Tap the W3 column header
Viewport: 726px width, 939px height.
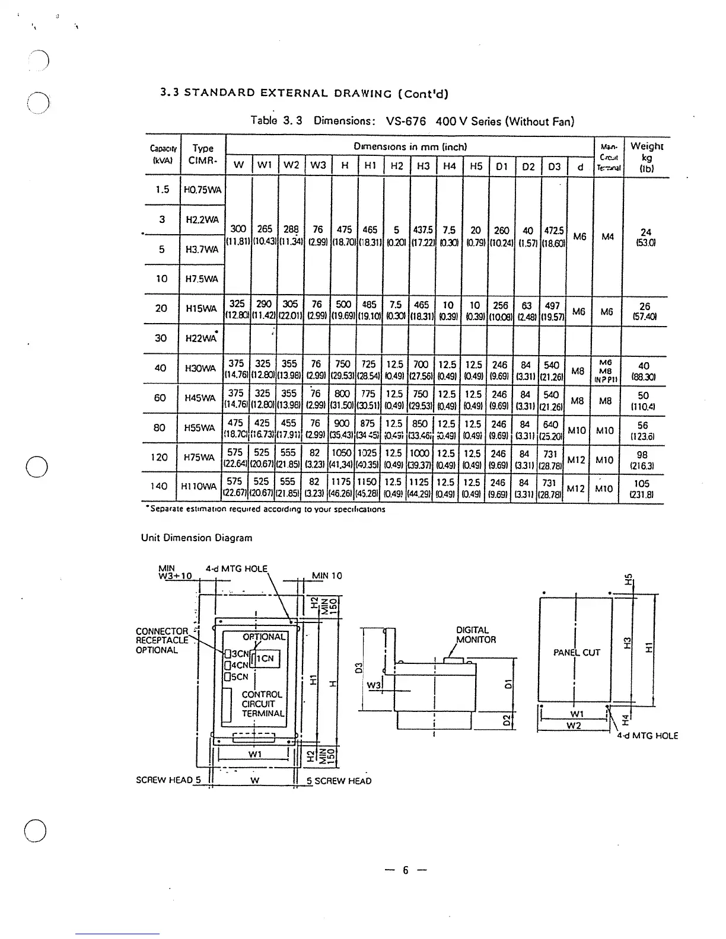[319, 165]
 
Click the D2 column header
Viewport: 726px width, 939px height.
[528, 166]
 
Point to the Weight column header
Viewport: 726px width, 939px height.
[647, 156]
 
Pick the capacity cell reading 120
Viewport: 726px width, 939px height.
[159, 457]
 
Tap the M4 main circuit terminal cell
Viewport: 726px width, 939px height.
[607, 237]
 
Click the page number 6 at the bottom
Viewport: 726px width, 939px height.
[406, 870]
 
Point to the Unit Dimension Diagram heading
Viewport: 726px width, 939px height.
[196, 538]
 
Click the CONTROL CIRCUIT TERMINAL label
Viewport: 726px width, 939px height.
[263, 704]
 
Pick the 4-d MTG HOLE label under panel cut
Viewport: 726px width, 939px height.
[647, 736]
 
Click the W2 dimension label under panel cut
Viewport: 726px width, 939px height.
[573, 726]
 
